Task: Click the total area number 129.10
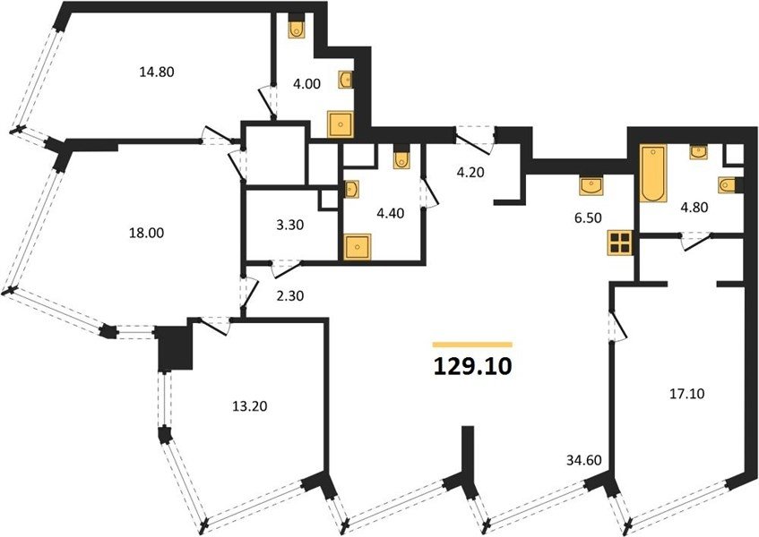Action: pyautogui.click(x=472, y=366)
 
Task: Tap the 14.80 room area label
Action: pyautogui.click(x=156, y=72)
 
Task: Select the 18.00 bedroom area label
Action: pyautogui.click(x=146, y=233)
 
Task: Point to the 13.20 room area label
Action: pyautogui.click(x=250, y=406)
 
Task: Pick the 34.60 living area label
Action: pyautogui.click(x=584, y=460)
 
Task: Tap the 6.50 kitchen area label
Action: pyautogui.click(x=588, y=218)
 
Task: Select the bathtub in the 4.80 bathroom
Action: pyautogui.click(x=653, y=173)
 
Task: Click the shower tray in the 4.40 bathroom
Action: pyautogui.click(x=358, y=247)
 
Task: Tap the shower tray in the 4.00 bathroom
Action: pyautogui.click(x=341, y=124)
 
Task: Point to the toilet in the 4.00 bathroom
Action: pyautogui.click(x=297, y=30)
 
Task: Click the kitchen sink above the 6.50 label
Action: pyautogui.click(x=591, y=187)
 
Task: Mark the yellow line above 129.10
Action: pyautogui.click(x=472, y=345)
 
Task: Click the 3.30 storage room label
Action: pyautogui.click(x=290, y=225)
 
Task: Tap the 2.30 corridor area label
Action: pyautogui.click(x=290, y=295)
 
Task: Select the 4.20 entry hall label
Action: pyautogui.click(x=470, y=172)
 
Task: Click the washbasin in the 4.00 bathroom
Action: pyautogui.click(x=345, y=80)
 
